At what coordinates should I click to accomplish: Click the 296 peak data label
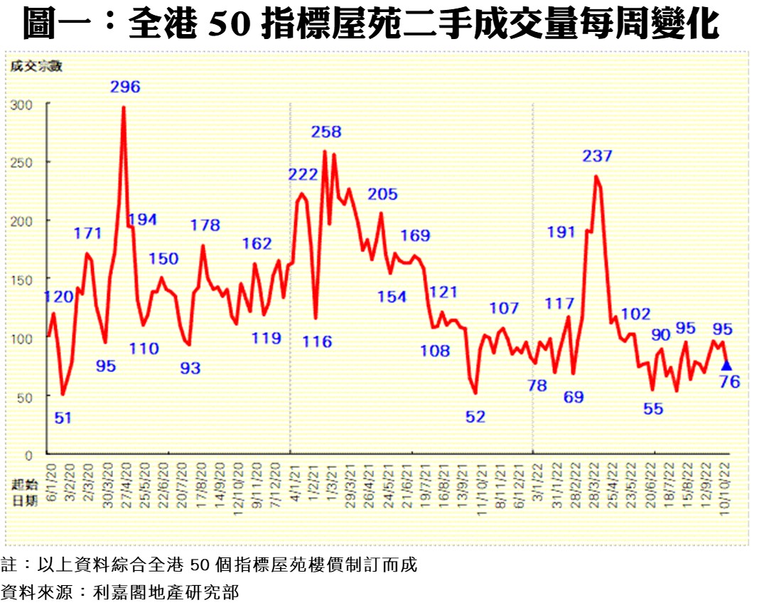point(125,87)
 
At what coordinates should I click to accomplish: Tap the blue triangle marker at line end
point(726,365)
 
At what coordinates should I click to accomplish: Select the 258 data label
point(326,131)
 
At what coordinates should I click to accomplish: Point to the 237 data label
point(597,156)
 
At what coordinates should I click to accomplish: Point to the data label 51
point(63,418)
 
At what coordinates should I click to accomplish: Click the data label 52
point(475,417)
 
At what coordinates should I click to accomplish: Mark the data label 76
point(730,382)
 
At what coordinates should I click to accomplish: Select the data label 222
point(303,175)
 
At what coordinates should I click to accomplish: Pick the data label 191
point(561,231)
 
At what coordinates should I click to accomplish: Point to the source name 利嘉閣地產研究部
point(166,592)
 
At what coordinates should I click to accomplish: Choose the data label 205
point(383,195)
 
